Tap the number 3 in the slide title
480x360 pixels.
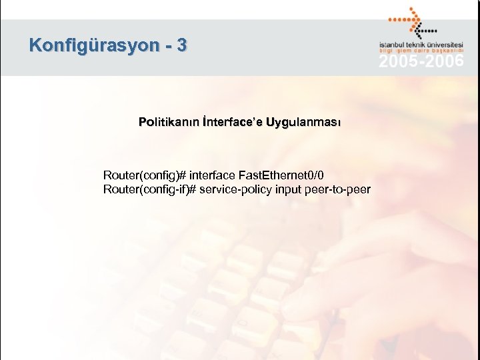coord(182,45)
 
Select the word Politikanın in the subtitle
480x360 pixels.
coord(166,122)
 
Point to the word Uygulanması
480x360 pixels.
coord(303,122)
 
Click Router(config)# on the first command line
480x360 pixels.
coord(145,175)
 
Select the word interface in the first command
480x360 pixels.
coord(212,175)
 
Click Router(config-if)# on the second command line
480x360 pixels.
coord(149,189)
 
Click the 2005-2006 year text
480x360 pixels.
coord(421,61)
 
